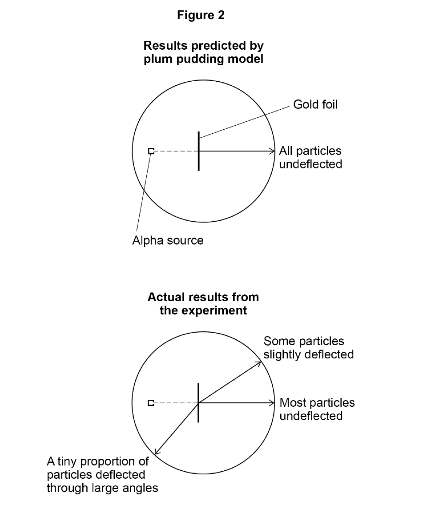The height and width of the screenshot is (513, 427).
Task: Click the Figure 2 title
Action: click(x=201, y=15)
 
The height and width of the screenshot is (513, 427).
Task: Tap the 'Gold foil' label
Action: click(x=315, y=104)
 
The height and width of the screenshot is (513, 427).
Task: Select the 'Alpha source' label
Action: click(x=168, y=240)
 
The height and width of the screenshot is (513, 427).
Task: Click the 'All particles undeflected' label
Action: click(x=310, y=157)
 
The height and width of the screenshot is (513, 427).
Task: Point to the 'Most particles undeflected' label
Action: click(x=317, y=409)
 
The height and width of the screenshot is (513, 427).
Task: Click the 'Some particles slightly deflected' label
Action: click(x=309, y=348)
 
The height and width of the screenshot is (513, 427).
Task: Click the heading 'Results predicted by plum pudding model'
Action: click(x=204, y=52)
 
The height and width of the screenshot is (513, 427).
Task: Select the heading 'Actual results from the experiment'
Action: click(x=203, y=304)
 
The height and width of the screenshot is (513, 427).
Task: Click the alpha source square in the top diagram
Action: click(x=151, y=151)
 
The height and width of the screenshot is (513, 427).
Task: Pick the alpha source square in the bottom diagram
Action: click(x=151, y=403)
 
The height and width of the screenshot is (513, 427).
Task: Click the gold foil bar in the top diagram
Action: click(x=198, y=151)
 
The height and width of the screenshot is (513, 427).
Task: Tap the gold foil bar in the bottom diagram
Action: click(x=198, y=403)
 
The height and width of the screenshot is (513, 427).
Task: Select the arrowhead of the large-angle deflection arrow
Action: click(x=156, y=452)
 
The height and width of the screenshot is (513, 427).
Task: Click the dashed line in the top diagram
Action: click(x=175, y=151)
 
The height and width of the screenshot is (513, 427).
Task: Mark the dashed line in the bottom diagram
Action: click(x=175, y=403)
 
